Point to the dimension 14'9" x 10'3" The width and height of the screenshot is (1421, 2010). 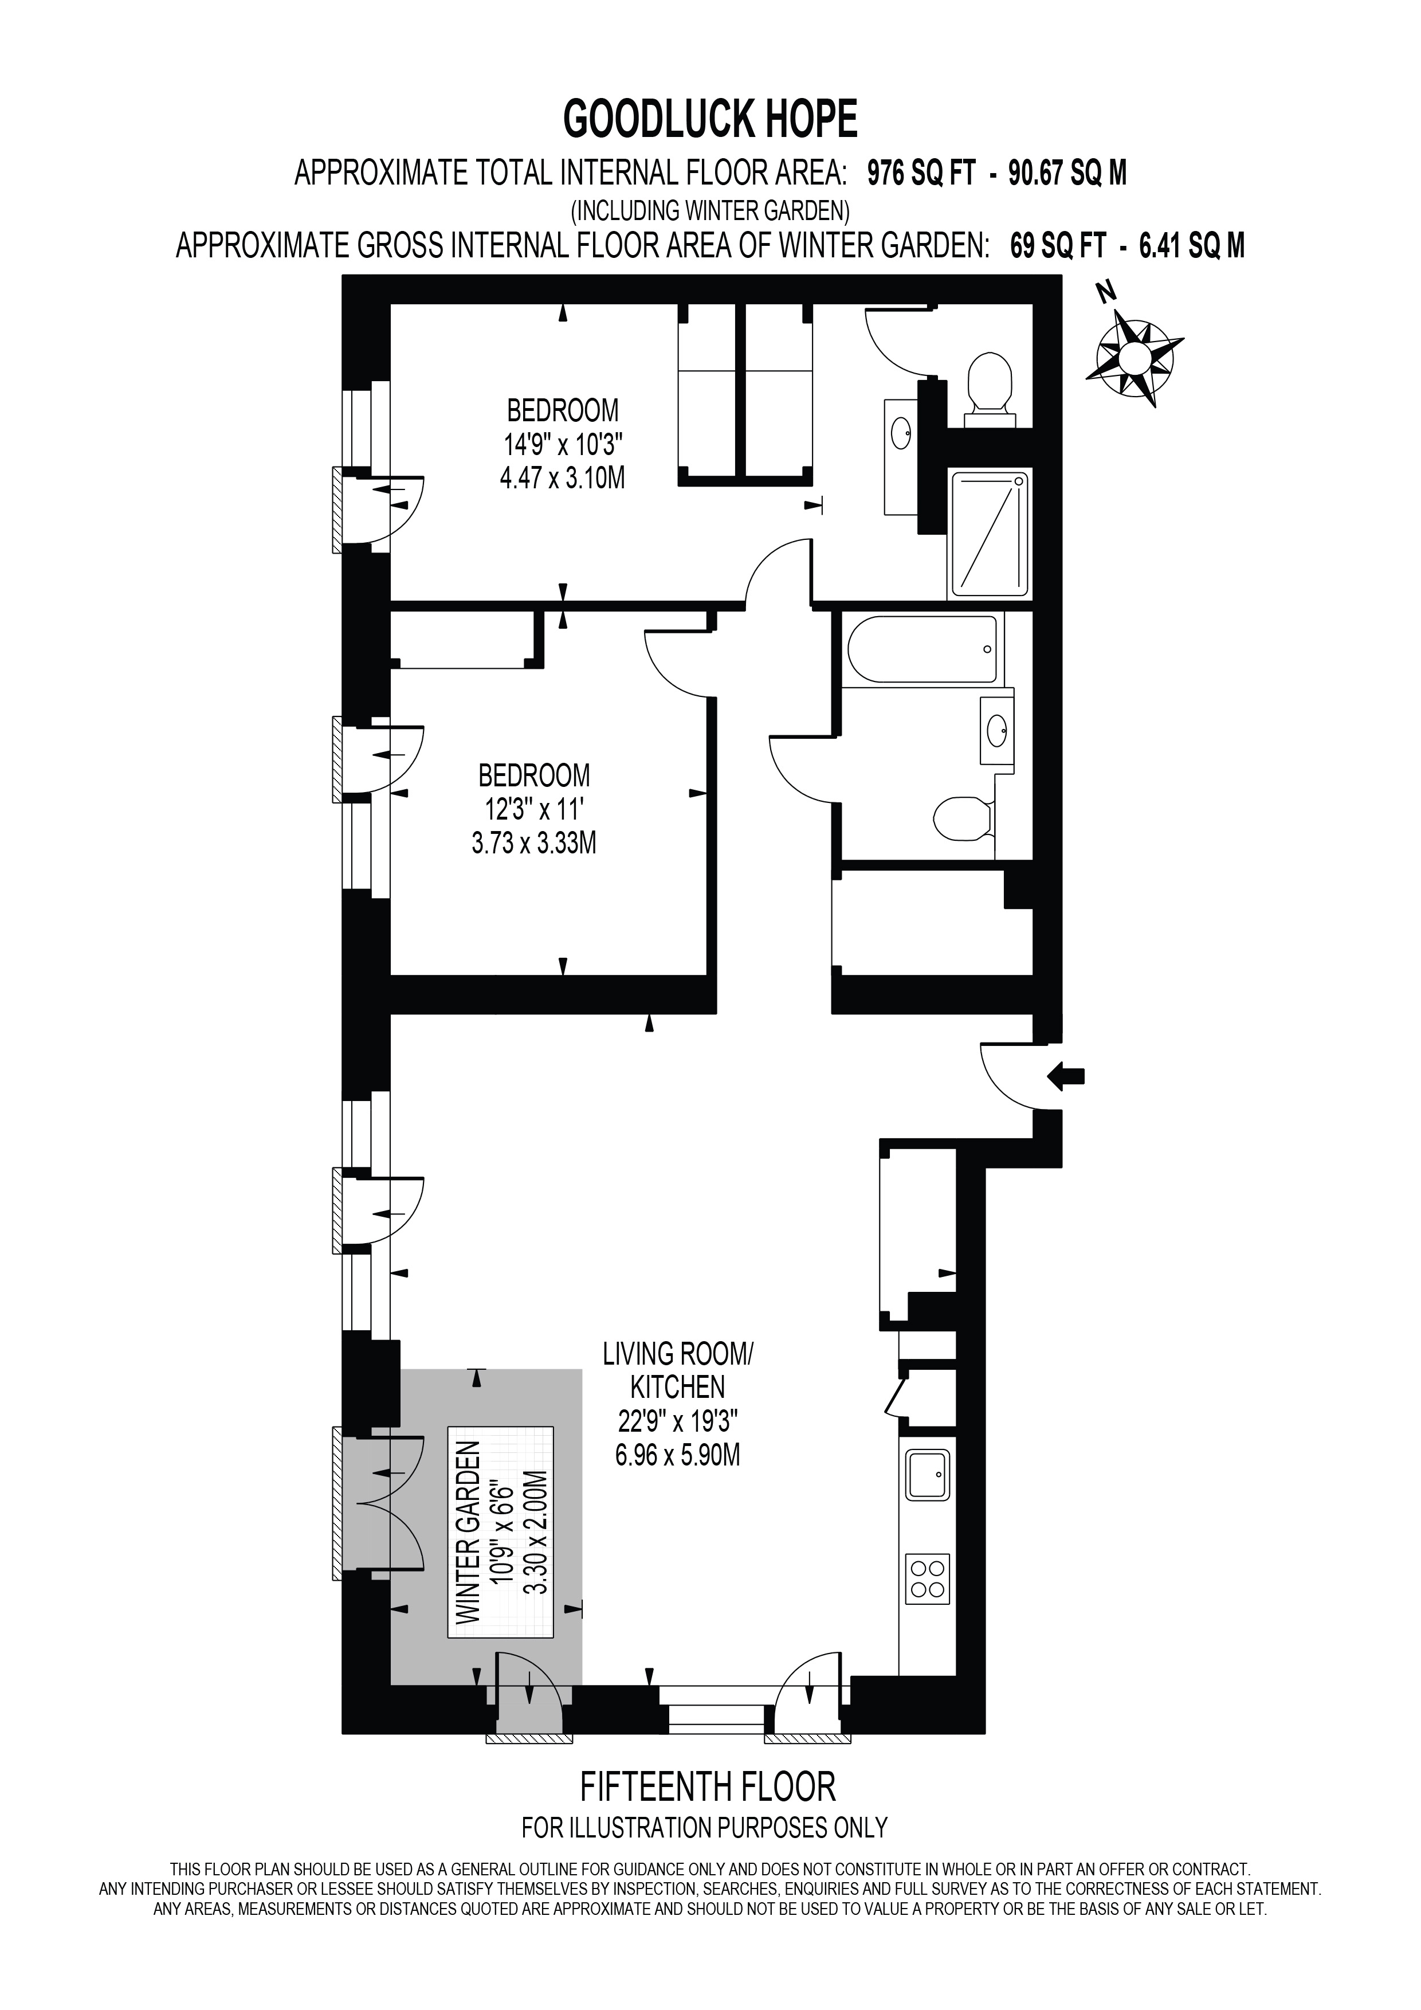click(563, 445)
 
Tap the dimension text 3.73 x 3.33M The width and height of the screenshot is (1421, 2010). click(534, 843)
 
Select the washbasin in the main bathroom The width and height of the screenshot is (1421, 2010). click(996, 728)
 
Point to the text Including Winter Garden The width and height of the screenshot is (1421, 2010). click(710, 210)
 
